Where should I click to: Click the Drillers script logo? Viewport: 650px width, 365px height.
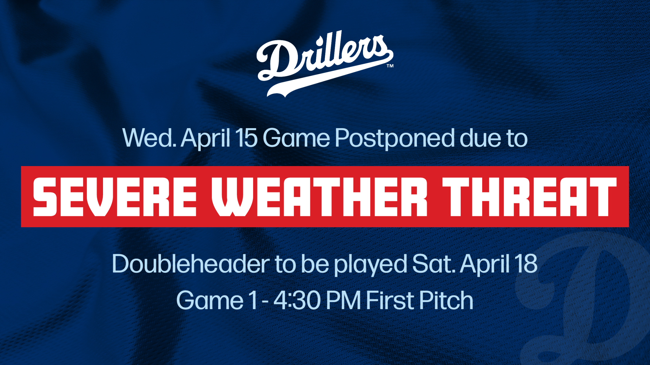click(325, 63)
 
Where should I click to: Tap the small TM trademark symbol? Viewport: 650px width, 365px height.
click(390, 66)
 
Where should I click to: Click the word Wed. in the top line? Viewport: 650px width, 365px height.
click(149, 138)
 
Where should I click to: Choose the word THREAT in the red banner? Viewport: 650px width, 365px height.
click(529, 197)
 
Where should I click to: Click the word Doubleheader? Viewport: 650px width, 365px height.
click(191, 264)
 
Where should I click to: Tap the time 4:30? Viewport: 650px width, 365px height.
click(297, 300)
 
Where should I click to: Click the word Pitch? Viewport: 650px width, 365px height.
click(446, 300)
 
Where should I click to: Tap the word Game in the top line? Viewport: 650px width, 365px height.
click(296, 138)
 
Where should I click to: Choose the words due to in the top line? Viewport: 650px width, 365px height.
click(493, 138)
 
